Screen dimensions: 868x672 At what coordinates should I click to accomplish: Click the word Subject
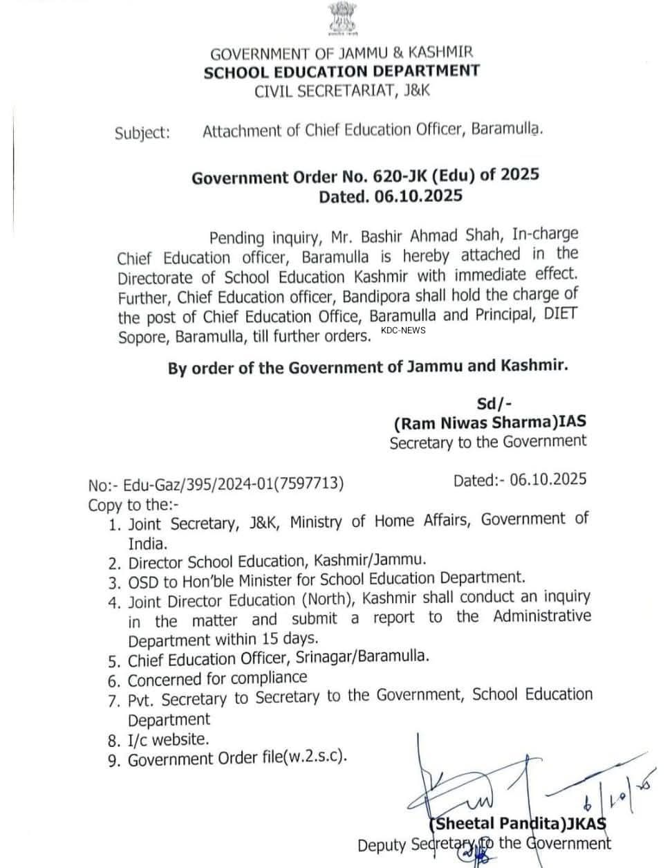tap(142, 132)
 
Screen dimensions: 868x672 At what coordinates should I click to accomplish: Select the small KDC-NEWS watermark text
tap(403, 330)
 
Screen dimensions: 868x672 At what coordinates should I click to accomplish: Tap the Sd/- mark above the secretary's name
tap(494, 404)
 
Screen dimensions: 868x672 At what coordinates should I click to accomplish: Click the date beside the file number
tap(548, 479)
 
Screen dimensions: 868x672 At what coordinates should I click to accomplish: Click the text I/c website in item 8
tap(168, 740)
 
